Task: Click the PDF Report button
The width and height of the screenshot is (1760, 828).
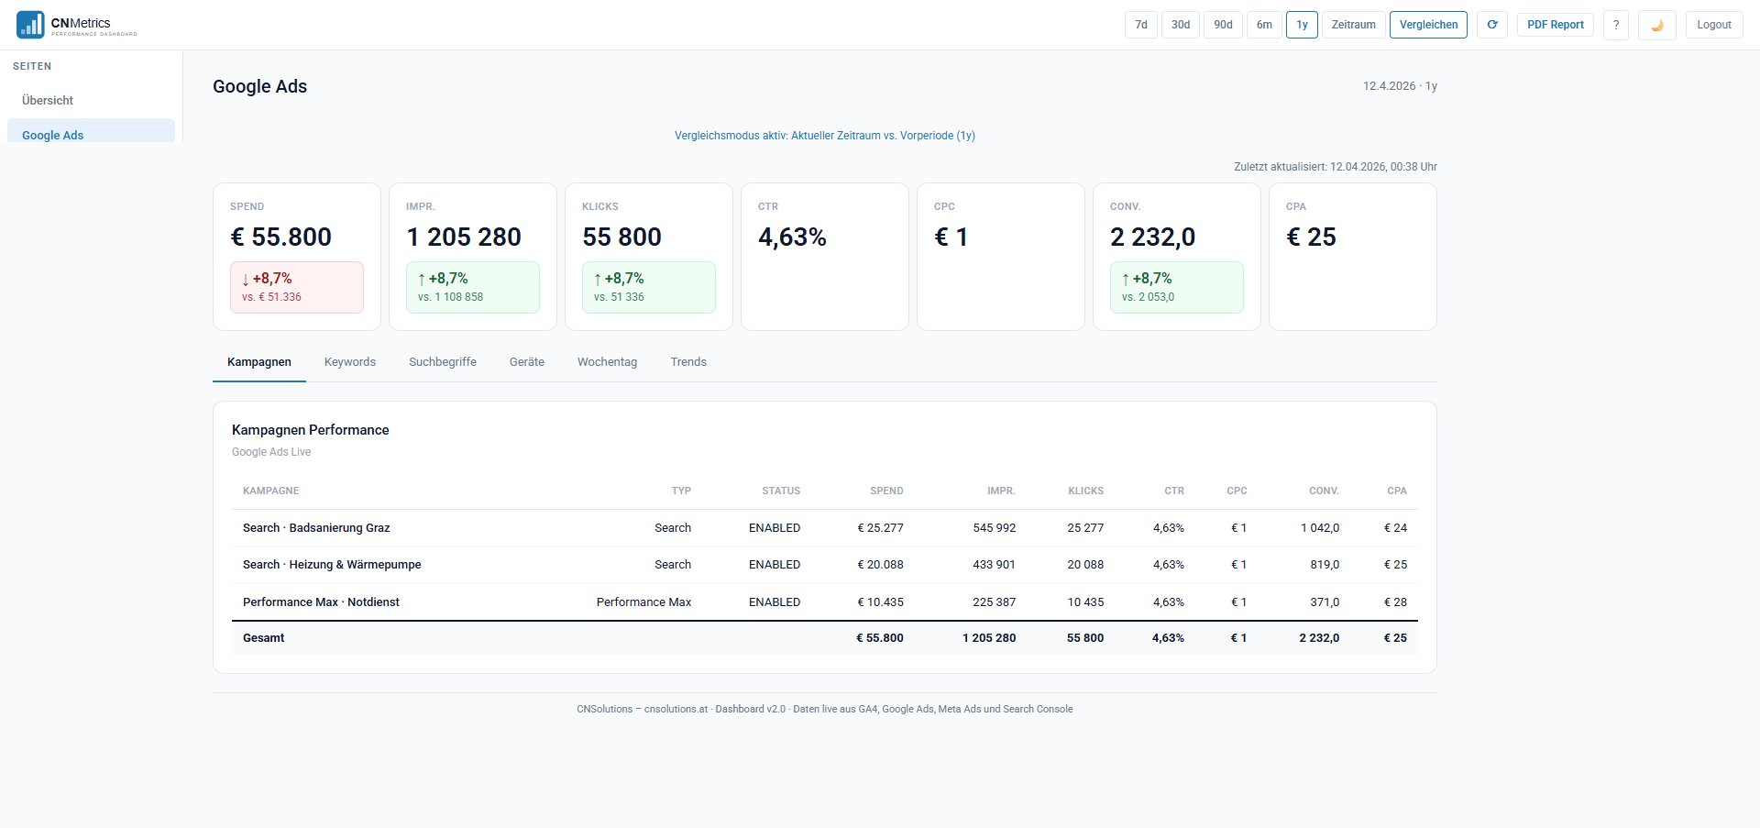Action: [x=1555, y=25]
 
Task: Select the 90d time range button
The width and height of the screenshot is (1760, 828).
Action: [x=1223, y=25]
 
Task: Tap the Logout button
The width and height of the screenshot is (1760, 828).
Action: [x=1713, y=25]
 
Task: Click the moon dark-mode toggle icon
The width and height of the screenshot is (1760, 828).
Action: [x=1656, y=26]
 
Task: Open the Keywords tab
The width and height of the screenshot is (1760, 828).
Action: [x=349, y=362]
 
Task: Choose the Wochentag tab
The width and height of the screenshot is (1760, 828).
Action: [x=607, y=362]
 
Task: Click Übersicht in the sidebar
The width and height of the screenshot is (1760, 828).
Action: [x=48, y=101]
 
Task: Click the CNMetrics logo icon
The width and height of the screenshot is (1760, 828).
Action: [x=30, y=25]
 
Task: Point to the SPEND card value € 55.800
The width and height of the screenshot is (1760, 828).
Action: [x=280, y=237]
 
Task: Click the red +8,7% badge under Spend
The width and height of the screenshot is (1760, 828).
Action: [x=296, y=287]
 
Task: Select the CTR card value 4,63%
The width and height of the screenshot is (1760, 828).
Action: [x=792, y=237]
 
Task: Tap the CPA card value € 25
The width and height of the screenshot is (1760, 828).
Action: [x=1311, y=237]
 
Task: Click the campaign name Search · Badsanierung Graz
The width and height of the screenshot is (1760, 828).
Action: [x=316, y=528]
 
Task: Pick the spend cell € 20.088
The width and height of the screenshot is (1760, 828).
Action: [x=880, y=565]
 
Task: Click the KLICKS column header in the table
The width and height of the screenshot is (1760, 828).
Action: [x=1085, y=491]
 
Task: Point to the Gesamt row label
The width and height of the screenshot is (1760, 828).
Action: [x=264, y=638]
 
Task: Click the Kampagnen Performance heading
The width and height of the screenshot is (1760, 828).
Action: [x=310, y=430]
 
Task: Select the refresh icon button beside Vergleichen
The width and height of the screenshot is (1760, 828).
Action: [x=1491, y=25]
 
